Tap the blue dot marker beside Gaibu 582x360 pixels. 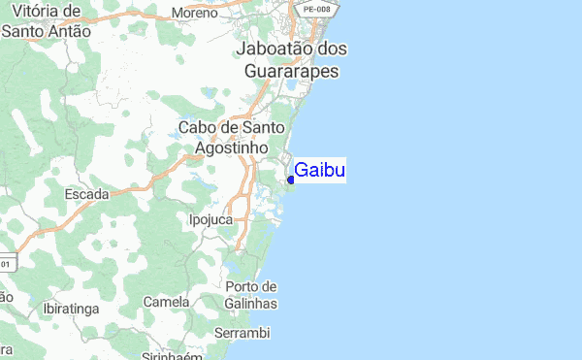[291, 179]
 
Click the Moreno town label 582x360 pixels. [194, 13]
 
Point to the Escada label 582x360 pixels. [86, 193]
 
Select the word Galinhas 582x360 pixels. [250, 304]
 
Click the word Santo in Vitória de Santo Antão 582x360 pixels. [22, 30]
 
